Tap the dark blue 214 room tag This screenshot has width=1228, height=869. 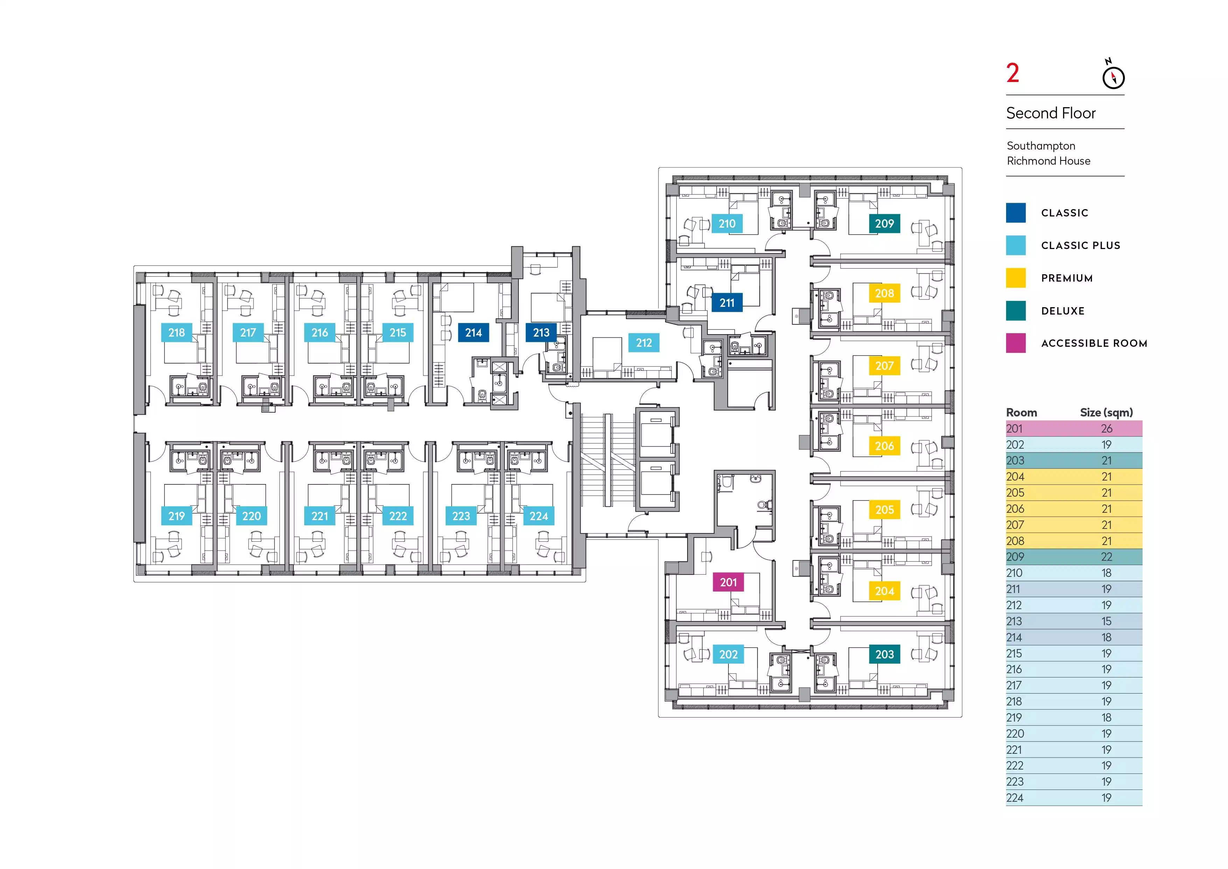pos(473,332)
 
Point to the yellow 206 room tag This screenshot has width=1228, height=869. pos(884,446)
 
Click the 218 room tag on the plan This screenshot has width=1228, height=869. pos(176,332)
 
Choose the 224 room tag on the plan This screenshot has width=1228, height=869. pos(539,516)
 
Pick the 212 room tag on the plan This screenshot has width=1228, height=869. pos(644,343)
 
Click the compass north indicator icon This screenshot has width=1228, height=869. pos(1113,76)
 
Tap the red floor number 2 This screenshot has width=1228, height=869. pos(1012,73)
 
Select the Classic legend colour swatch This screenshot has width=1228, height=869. pos(1016,213)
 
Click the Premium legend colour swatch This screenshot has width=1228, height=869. pos(1016,278)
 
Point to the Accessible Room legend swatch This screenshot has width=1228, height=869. pos(1016,343)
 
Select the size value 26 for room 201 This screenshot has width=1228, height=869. pos(1107,429)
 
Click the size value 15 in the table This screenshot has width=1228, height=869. pos(1107,621)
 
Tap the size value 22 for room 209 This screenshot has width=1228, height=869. pos(1107,557)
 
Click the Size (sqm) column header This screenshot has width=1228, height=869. pos(1106,413)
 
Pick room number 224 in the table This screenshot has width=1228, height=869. pos(1014,798)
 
